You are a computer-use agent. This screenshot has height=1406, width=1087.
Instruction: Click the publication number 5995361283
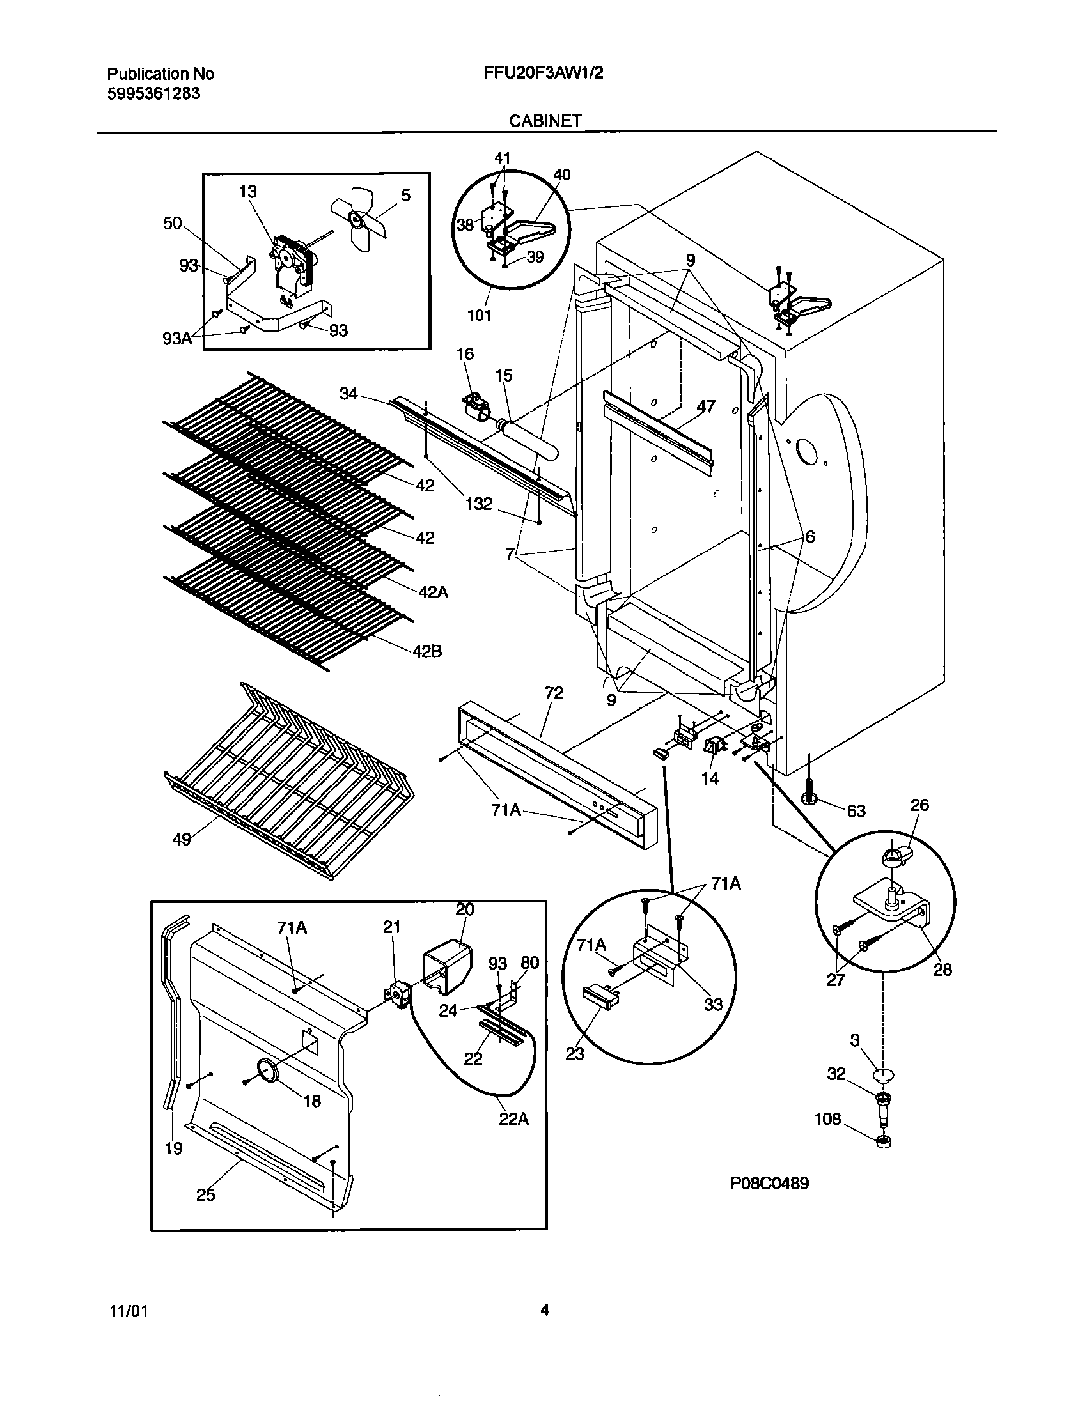(x=153, y=94)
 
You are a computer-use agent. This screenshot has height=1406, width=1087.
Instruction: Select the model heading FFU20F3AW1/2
(x=543, y=73)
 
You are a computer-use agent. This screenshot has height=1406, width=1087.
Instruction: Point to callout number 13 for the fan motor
(x=247, y=192)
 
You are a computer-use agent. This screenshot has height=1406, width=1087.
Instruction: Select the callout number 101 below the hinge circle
(x=479, y=315)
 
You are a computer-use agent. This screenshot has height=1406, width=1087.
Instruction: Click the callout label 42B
(x=428, y=651)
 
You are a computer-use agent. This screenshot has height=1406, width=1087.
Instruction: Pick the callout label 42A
(x=433, y=591)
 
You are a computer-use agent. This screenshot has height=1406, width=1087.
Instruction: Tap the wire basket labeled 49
(x=283, y=779)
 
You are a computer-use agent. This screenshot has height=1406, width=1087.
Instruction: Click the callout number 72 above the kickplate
(x=554, y=693)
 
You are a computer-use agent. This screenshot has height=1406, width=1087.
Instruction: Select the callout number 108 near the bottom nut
(x=827, y=1119)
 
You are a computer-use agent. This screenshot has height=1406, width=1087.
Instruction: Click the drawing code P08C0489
(x=769, y=1182)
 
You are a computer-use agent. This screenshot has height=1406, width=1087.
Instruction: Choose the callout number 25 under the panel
(x=205, y=1195)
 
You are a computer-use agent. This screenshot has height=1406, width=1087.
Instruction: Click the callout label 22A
(x=513, y=1119)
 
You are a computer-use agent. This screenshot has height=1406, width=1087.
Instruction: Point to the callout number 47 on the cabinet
(x=706, y=406)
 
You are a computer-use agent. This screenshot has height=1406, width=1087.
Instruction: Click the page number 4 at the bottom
(x=545, y=1309)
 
